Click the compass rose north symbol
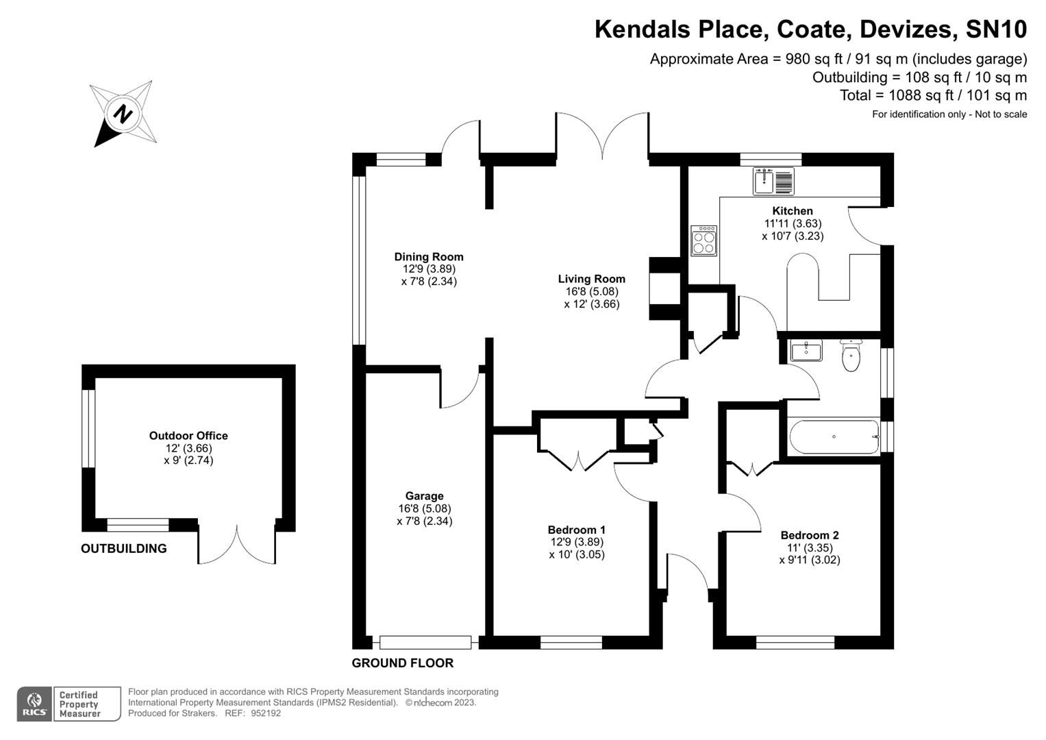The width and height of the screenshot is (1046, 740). tap(123, 113)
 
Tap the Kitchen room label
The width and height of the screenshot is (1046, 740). tap(793, 211)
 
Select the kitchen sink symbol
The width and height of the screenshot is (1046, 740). tap(773, 182)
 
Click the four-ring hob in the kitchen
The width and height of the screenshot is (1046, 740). tap(704, 241)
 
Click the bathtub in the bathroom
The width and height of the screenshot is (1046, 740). tap(834, 437)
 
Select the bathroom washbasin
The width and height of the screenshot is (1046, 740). tap(806, 351)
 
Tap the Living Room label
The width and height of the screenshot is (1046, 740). tap(591, 279)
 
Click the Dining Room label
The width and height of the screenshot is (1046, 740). tap(429, 257)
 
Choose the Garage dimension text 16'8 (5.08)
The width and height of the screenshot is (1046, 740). tap(425, 508)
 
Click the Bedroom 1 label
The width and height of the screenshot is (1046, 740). tap(576, 530)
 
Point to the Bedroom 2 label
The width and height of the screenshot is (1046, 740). tap(810, 535)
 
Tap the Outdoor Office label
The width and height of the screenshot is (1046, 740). tap(188, 436)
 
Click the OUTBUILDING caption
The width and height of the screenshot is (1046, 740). tap(124, 549)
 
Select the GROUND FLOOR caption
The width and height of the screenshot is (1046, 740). tap(403, 663)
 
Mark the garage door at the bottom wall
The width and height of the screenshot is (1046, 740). tap(425, 643)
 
